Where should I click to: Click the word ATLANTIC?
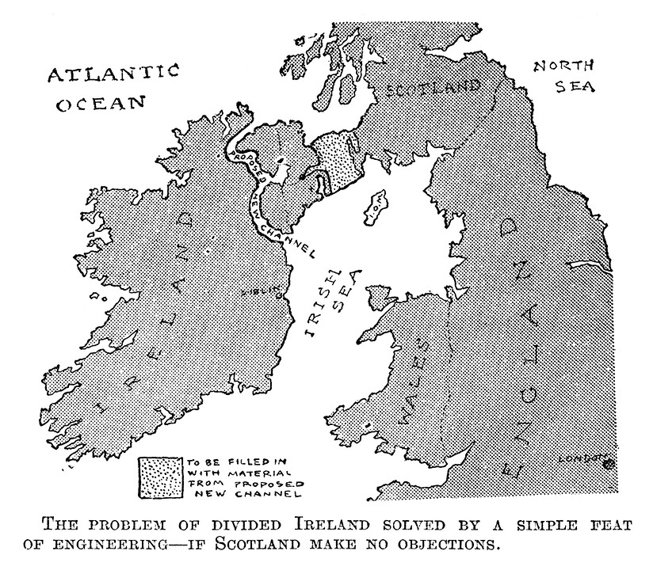click(113, 75)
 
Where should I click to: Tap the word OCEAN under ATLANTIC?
click(102, 104)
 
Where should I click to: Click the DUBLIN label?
click(266, 291)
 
